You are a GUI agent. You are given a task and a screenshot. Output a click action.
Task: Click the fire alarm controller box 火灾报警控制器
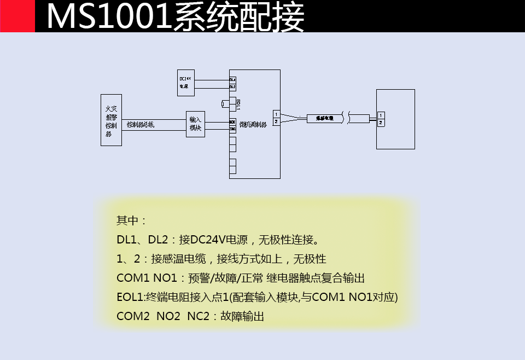point(111,120)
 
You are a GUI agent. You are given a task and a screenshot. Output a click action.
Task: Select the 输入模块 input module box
point(195,124)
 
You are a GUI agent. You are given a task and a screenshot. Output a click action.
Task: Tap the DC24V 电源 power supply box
point(185,82)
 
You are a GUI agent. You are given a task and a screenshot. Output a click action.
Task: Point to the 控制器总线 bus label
point(141,125)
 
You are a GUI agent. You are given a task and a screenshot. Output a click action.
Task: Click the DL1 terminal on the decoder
point(232,79)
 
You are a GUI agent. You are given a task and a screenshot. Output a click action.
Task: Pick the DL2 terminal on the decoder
point(232,86)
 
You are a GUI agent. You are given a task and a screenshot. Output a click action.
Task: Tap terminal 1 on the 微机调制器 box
point(276,114)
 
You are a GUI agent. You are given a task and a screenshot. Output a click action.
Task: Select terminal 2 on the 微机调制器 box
point(276,121)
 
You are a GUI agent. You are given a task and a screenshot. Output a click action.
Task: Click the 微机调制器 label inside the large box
point(253,125)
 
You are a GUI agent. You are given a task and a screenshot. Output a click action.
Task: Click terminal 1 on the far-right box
point(381,115)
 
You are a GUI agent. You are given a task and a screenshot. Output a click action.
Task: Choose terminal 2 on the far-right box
point(381,123)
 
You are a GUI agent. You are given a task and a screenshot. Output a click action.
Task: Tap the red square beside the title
point(17,16)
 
